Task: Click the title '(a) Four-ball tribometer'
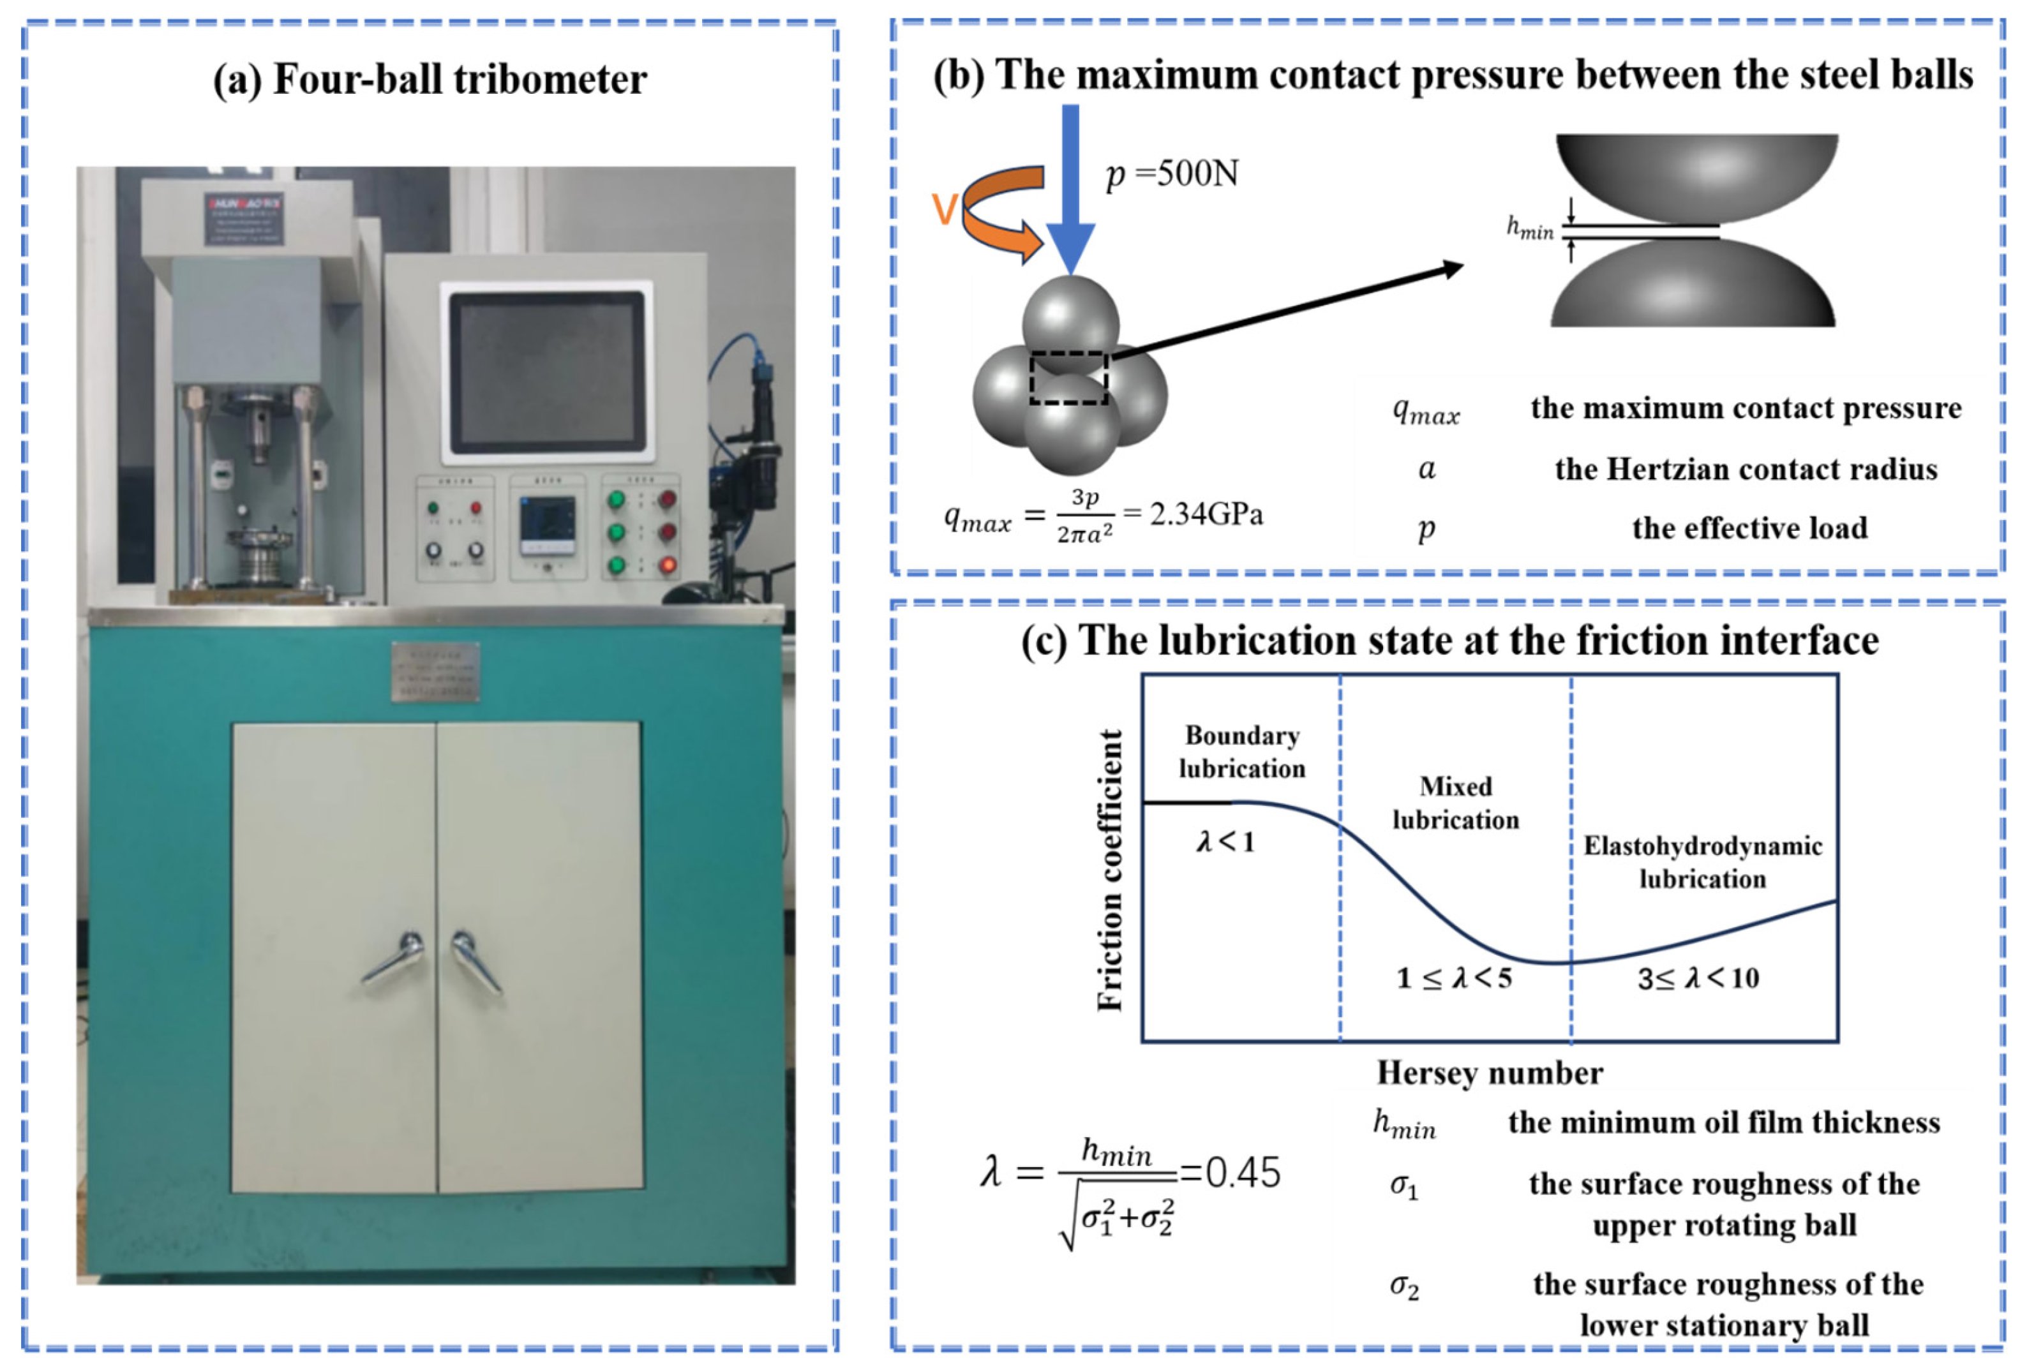coord(430,80)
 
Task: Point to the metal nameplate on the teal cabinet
coord(435,671)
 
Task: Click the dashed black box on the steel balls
coord(1068,378)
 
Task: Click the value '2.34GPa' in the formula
coord(1206,514)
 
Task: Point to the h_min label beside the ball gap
coord(1529,228)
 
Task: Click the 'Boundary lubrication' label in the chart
coord(1241,752)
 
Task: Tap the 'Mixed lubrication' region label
coord(1455,803)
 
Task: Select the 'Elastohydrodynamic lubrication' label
coord(1702,862)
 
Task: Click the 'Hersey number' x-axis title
coord(1489,1073)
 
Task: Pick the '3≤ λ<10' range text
coord(1698,978)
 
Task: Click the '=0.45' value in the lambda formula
coord(1231,1173)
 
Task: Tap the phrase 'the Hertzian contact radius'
coord(1746,469)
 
